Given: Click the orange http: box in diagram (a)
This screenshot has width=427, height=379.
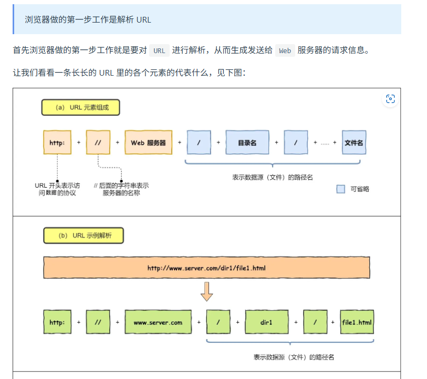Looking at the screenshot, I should point(57,142).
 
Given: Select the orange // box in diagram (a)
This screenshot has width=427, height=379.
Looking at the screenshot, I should point(98,142).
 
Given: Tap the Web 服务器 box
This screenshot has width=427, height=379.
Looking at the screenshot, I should point(148,142).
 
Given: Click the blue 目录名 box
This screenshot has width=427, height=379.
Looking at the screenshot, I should point(247,142).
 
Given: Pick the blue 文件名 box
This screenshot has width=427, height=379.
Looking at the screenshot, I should point(353,142).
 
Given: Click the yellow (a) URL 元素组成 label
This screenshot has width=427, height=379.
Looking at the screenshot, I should point(81,108).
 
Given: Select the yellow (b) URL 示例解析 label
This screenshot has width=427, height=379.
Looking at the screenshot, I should point(84,236).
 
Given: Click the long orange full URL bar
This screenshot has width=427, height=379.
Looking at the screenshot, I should point(206,268).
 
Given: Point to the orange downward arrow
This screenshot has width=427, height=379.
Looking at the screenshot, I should point(207,292).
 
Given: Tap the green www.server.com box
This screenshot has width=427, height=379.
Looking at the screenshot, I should point(158,322).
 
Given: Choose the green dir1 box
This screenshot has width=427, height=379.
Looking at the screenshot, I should point(266,322).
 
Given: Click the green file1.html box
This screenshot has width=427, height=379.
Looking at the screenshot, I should point(357,322).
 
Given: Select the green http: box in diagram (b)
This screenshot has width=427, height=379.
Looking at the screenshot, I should point(57,322).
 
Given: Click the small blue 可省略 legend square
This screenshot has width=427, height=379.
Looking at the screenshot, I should point(341,189).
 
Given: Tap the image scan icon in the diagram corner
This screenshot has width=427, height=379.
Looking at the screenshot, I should point(390,99).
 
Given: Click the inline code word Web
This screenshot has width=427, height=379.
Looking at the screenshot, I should point(285,50).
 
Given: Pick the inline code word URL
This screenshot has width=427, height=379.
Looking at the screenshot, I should point(159,50).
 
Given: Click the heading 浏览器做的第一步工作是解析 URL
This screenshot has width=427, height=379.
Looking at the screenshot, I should point(88,19).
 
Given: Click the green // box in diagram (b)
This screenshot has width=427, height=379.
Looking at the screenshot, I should point(98,322).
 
